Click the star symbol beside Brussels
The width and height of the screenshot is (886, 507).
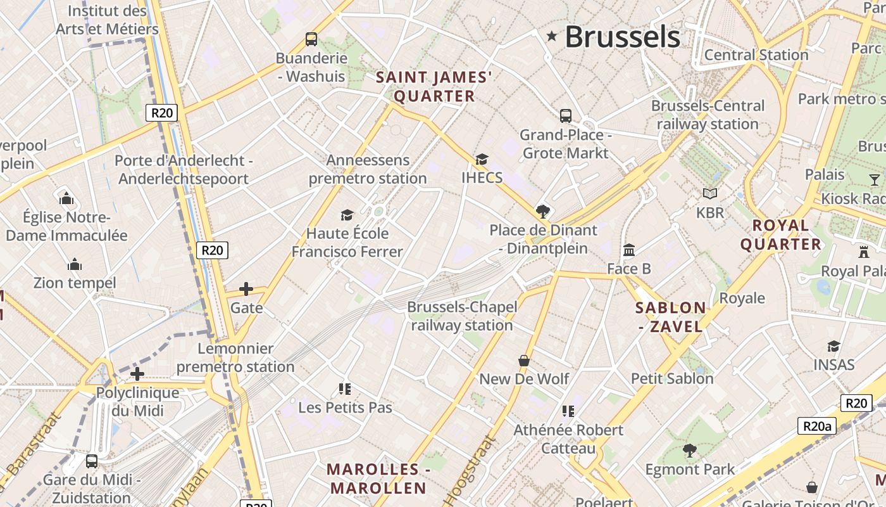click(552, 37)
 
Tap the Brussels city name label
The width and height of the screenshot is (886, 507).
click(622, 37)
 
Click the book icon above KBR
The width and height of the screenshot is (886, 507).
click(710, 193)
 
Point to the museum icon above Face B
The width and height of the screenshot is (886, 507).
click(629, 250)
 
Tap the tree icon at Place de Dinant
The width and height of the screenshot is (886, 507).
click(542, 211)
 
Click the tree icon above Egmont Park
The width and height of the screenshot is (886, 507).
click(690, 451)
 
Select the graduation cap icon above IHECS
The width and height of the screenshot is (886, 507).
click(482, 159)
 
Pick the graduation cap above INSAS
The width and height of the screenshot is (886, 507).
click(834, 346)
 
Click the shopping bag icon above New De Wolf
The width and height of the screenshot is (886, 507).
click(524, 361)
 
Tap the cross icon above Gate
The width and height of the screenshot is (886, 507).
click(246, 290)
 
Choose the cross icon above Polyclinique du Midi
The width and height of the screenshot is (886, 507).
click(137, 374)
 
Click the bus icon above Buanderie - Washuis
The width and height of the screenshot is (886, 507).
click(311, 39)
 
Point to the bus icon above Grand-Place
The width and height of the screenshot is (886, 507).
click(566, 116)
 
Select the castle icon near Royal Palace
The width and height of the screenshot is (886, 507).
click(864, 252)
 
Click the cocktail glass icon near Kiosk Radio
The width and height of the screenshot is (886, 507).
click(875, 179)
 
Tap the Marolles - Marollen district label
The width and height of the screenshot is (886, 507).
click(378, 478)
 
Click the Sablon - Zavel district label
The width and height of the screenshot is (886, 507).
click(670, 317)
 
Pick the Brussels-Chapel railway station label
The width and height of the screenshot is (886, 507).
click(462, 316)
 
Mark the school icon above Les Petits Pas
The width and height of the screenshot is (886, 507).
click(345, 388)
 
